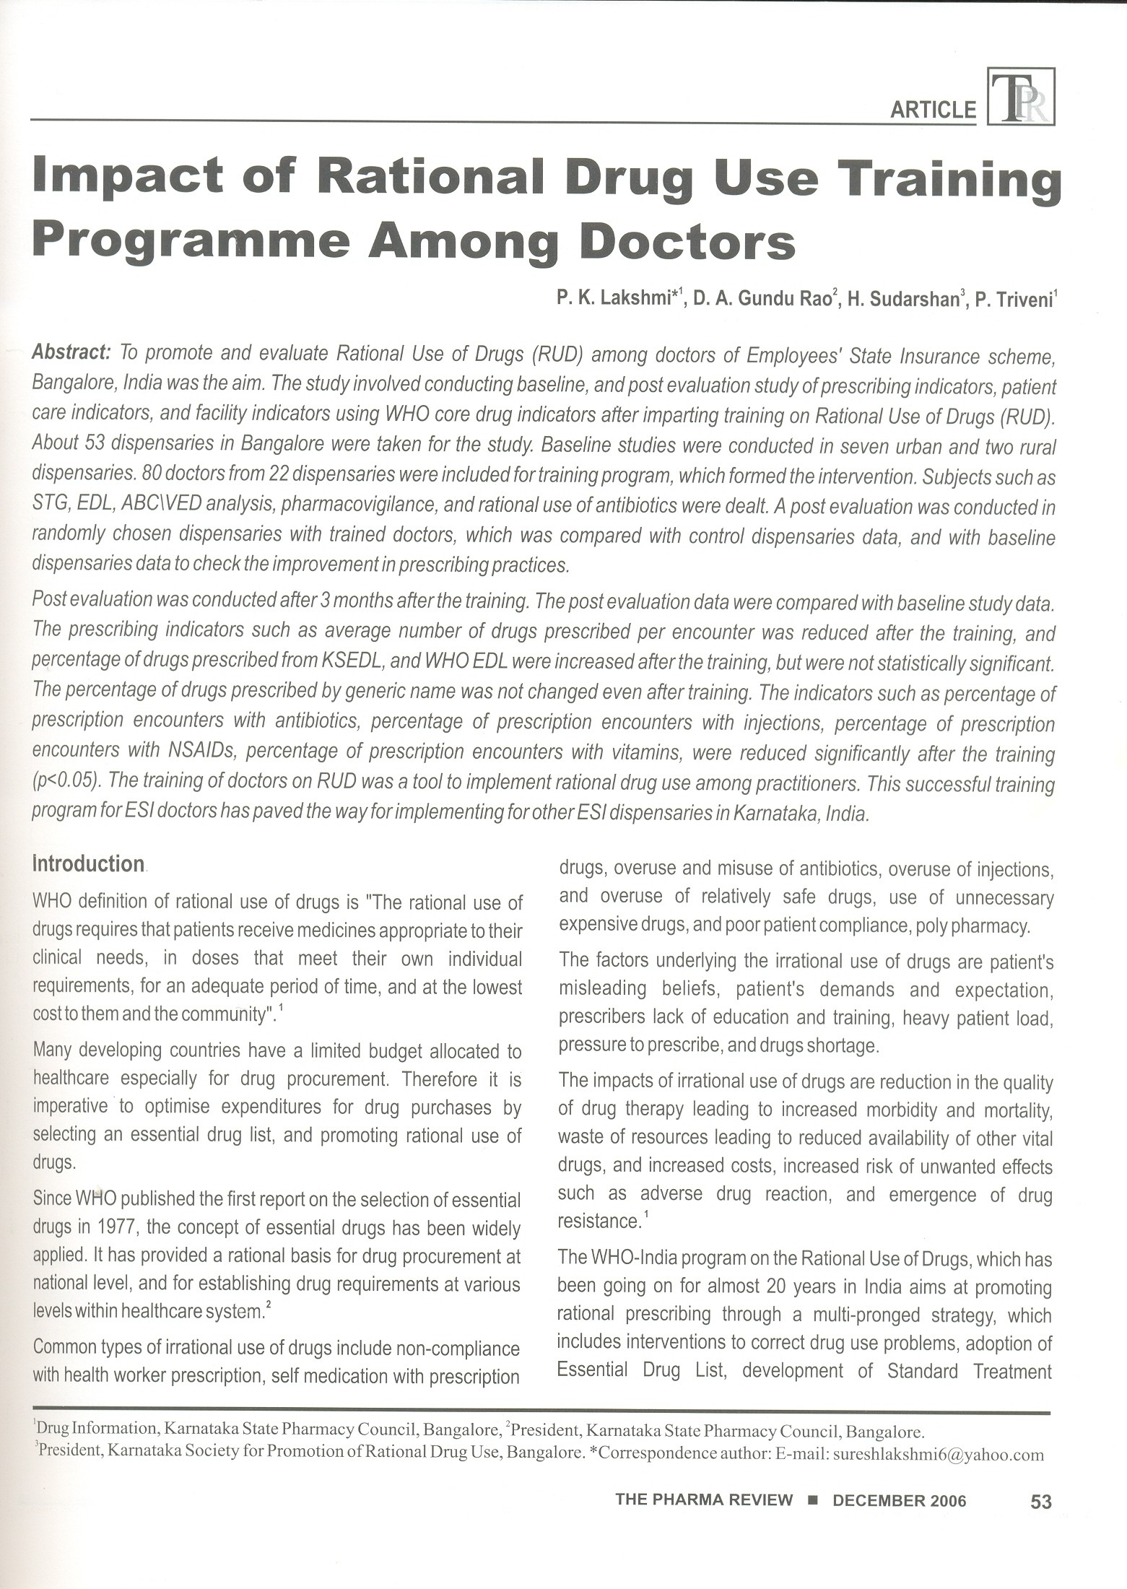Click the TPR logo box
pyautogui.click(x=1021, y=97)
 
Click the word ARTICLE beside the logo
pyautogui.click(x=933, y=110)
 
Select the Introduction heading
pyautogui.click(x=89, y=863)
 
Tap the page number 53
pyautogui.click(x=1040, y=1502)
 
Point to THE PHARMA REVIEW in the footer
pyautogui.click(x=703, y=1500)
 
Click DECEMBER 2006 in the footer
pyautogui.click(x=899, y=1500)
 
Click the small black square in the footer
pyautogui.click(x=812, y=1500)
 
